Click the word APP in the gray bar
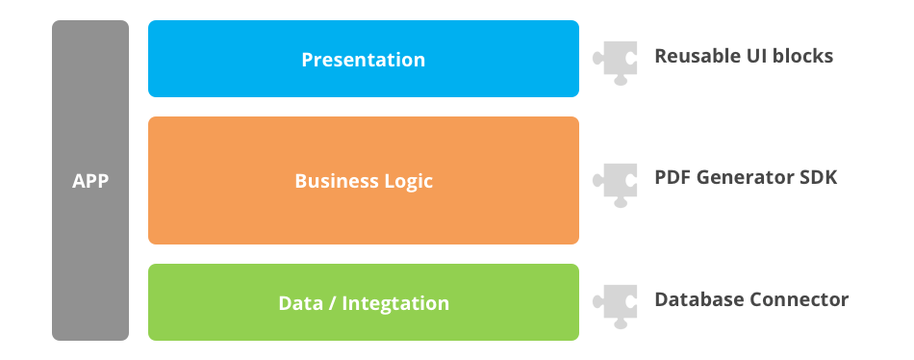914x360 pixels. [x=90, y=181]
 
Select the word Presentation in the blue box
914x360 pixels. [x=364, y=60]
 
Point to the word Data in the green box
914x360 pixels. [x=300, y=303]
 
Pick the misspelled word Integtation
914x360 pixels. [x=396, y=303]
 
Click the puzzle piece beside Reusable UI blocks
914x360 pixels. [x=615, y=60]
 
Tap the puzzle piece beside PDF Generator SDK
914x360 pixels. [x=615, y=181]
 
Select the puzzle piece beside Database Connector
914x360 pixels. [x=615, y=302]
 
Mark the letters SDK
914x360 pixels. [x=818, y=178]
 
